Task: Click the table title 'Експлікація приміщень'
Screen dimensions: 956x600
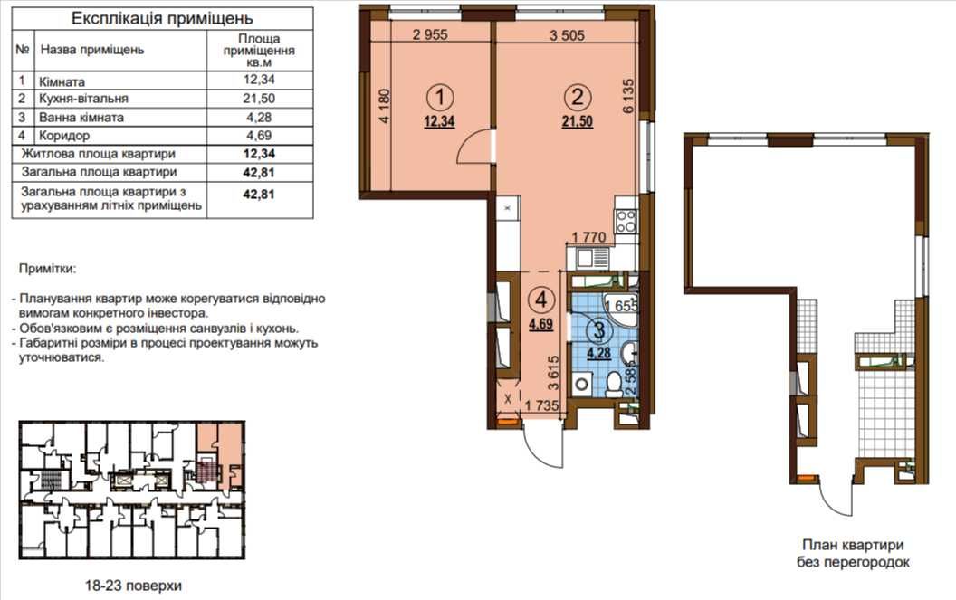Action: pos(162,19)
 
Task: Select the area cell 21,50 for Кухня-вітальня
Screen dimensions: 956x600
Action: pos(259,98)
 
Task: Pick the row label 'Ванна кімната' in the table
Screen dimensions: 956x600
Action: pos(81,117)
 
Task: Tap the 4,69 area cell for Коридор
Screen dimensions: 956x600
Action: pos(259,136)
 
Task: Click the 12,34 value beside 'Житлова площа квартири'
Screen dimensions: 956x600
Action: pos(259,154)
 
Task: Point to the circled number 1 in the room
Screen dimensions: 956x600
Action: pos(440,96)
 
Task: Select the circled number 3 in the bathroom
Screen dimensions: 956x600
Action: pos(598,331)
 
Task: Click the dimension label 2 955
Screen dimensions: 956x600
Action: pos(430,34)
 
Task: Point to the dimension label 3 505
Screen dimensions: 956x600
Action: pos(567,35)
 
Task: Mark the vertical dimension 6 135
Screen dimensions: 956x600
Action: pos(628,95)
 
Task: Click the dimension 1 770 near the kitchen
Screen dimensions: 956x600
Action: pos(588,236)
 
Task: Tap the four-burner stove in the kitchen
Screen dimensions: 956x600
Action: pos(626,221)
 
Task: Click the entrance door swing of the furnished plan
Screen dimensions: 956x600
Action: pos(543,446)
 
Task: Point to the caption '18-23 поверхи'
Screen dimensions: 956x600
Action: pos(133,586)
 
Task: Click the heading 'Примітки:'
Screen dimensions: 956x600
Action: pos(48,268)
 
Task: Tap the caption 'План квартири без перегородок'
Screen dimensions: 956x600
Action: pos(853,554)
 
